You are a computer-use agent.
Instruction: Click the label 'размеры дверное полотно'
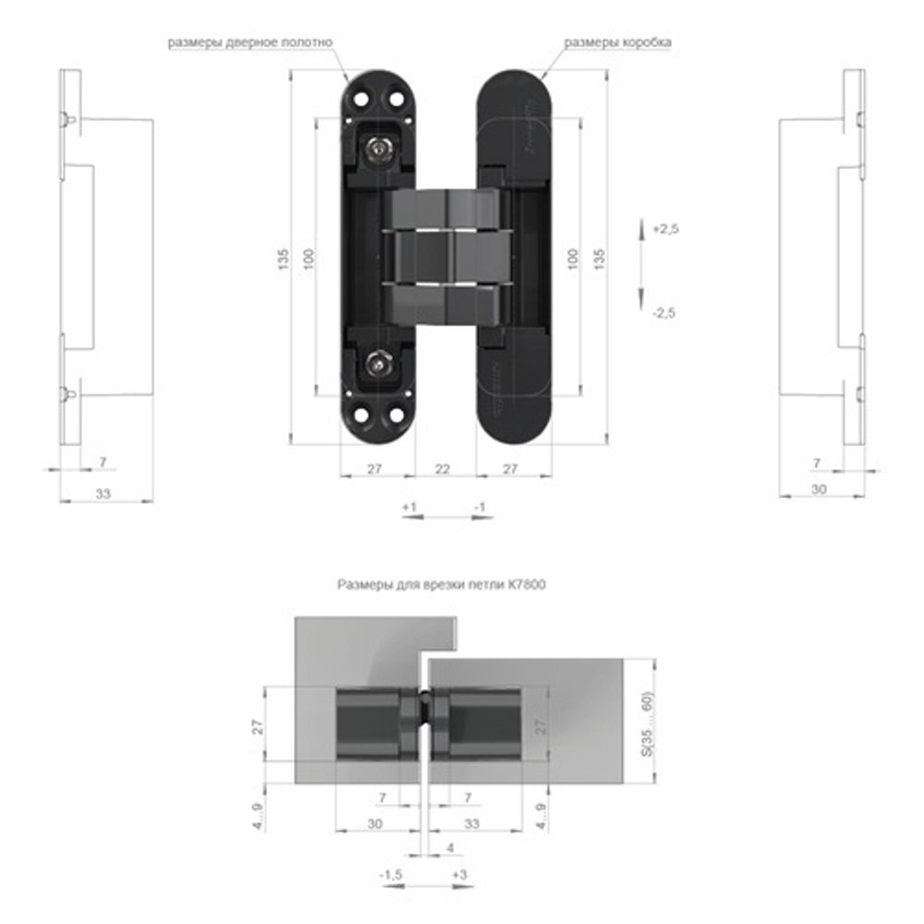click(x=249, y=43)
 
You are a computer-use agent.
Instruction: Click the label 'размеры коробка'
click(x=618, y=43)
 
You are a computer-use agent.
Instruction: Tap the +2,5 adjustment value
click(x=665, y=229)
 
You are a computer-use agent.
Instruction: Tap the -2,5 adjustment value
click(x=663, y=313)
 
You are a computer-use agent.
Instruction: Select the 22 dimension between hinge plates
click(x=443, y=469)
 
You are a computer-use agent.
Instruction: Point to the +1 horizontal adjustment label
click(x=410, y=507)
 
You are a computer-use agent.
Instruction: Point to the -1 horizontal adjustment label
click(x=479, y=507)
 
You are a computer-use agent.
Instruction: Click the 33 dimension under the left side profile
click(x=103, y=494)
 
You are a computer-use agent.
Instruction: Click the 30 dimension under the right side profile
click(x=819, y=490)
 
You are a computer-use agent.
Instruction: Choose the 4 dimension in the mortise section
click(x=450, y=847)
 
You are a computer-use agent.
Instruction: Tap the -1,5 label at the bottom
click(x=390, y=874)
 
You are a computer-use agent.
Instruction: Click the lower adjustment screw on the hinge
click(x=378, y=363)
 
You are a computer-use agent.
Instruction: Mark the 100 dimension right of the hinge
click(x=573, y=260)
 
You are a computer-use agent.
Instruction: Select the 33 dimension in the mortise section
click(x=473, y=822)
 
